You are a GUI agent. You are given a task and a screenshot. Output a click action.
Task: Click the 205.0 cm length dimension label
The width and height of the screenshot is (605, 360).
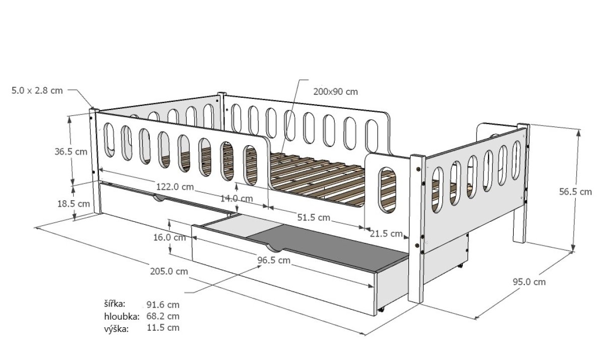pyautogui.click(x=169, y=271)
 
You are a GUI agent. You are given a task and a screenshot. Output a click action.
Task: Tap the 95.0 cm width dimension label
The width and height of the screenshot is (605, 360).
pyautogui.click(x=529, y=282)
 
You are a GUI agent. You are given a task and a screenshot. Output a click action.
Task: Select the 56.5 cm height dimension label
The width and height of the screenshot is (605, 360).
pyautogui.click(x=575, y=192)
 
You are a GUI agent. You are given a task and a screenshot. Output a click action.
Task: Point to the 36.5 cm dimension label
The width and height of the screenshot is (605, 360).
pyautogui.click(x=71, y=151)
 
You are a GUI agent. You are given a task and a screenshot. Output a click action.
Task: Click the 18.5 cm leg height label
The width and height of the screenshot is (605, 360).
pyautogui.click(x=74, y=204)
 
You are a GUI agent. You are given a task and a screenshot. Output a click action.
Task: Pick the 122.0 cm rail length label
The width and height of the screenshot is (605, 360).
pyautogui.click(x=175, y=187)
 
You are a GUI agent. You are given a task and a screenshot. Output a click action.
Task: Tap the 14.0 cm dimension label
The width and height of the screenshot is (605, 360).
pyautogui.click(x=236, y=199)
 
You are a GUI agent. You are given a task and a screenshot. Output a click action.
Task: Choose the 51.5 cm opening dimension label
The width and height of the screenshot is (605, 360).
pyautogui.click(x=314, y=217)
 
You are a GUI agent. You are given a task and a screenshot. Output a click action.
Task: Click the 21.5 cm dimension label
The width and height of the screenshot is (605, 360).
pyautogui.click(x=386, y=233)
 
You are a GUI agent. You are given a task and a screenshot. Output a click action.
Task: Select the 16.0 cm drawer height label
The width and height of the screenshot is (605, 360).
pyautogui.click(x=169, y=237)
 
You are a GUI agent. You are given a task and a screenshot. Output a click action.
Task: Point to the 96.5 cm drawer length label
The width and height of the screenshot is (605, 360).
pyautogui.click(x=274, y=260)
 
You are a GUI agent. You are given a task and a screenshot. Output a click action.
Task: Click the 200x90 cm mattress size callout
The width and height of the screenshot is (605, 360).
pyautogui.click(x=335, y=92)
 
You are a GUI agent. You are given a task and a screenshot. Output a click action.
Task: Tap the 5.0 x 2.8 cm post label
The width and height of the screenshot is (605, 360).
pyautogui.click(x=37, y=90)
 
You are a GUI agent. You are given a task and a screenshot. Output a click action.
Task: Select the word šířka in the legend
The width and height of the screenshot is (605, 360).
pyautogui.click(x=115, y=304)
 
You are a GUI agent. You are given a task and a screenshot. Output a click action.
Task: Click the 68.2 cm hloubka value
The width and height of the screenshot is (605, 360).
pyautogui.click(x=163, y=316)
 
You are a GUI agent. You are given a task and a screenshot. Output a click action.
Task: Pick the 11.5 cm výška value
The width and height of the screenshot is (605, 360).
pyautogui.click(x=163, y=328)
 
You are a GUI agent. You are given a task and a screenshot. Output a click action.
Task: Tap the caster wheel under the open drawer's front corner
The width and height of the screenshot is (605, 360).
pyautogui.click(x=381, y=310)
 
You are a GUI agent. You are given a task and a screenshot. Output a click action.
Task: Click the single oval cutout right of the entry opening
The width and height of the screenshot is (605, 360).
pyautogui.click(x=387, y=190)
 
